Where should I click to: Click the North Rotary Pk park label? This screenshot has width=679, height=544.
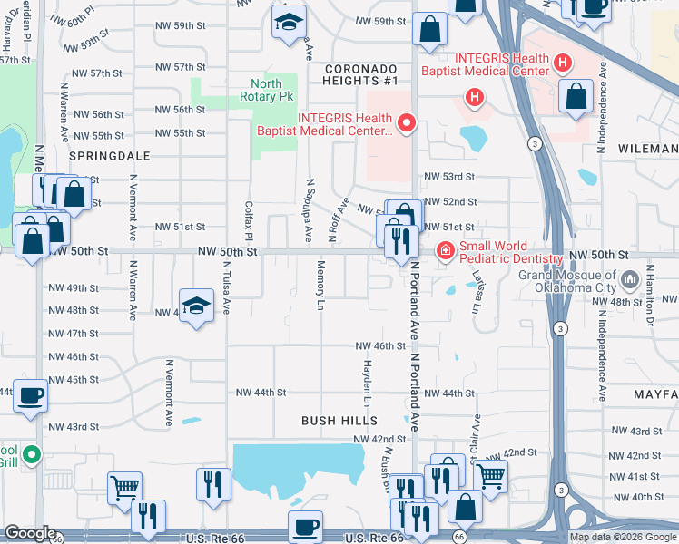click(266, 89)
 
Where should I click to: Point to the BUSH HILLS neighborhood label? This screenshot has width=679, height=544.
click(339, 421)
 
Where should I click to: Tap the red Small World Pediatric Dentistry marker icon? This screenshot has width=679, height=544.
click(446, 251)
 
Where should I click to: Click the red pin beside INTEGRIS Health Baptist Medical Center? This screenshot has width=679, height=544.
click(407, 122)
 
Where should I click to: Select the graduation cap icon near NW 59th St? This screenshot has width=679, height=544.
click(289, 23)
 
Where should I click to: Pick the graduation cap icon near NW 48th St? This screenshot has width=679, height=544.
click(196, 306)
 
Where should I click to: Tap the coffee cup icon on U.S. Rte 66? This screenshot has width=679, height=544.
click(305, 527)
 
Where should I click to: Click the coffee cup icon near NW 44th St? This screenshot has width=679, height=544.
click(30, 395)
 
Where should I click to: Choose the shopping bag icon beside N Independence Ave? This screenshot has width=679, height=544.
click(576, 96)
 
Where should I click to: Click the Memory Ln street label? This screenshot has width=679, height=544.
click(320, 286)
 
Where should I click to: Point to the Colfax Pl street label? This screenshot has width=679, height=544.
click(247, 220)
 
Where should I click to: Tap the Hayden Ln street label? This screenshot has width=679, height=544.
click(368, 385)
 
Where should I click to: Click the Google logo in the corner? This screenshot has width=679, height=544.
click(30, 534)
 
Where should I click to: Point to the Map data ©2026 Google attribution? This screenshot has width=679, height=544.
click(624, 537)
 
